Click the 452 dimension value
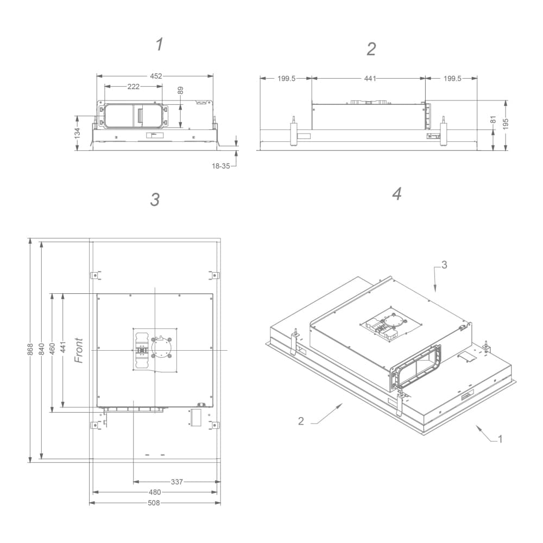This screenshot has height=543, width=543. [x=156, y=77]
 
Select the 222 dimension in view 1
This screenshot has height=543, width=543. [x=134, y=87]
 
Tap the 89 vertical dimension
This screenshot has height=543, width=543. [x=180, y=91]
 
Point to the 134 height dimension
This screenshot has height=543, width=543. [x=77, y=132]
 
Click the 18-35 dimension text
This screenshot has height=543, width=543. [x=220, y=166]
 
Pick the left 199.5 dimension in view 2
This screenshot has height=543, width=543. [x=286, y=79]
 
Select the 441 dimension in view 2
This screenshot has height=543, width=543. [x=370, y=79]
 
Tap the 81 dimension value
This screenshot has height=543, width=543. [x=493, y=120]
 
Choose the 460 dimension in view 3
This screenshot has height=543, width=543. [x=53, y=351]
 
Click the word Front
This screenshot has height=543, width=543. [x=79, y=351]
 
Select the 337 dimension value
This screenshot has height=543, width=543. [x=176, y=482]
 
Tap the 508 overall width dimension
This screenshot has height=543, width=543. [x=154, y=503]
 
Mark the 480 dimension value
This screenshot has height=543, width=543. [x=154, y=493]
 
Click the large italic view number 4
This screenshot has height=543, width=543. [x=397, y=194]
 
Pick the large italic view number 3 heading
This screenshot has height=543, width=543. [x=155, y=200]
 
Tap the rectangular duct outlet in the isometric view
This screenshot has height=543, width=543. [x=417, y=369]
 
